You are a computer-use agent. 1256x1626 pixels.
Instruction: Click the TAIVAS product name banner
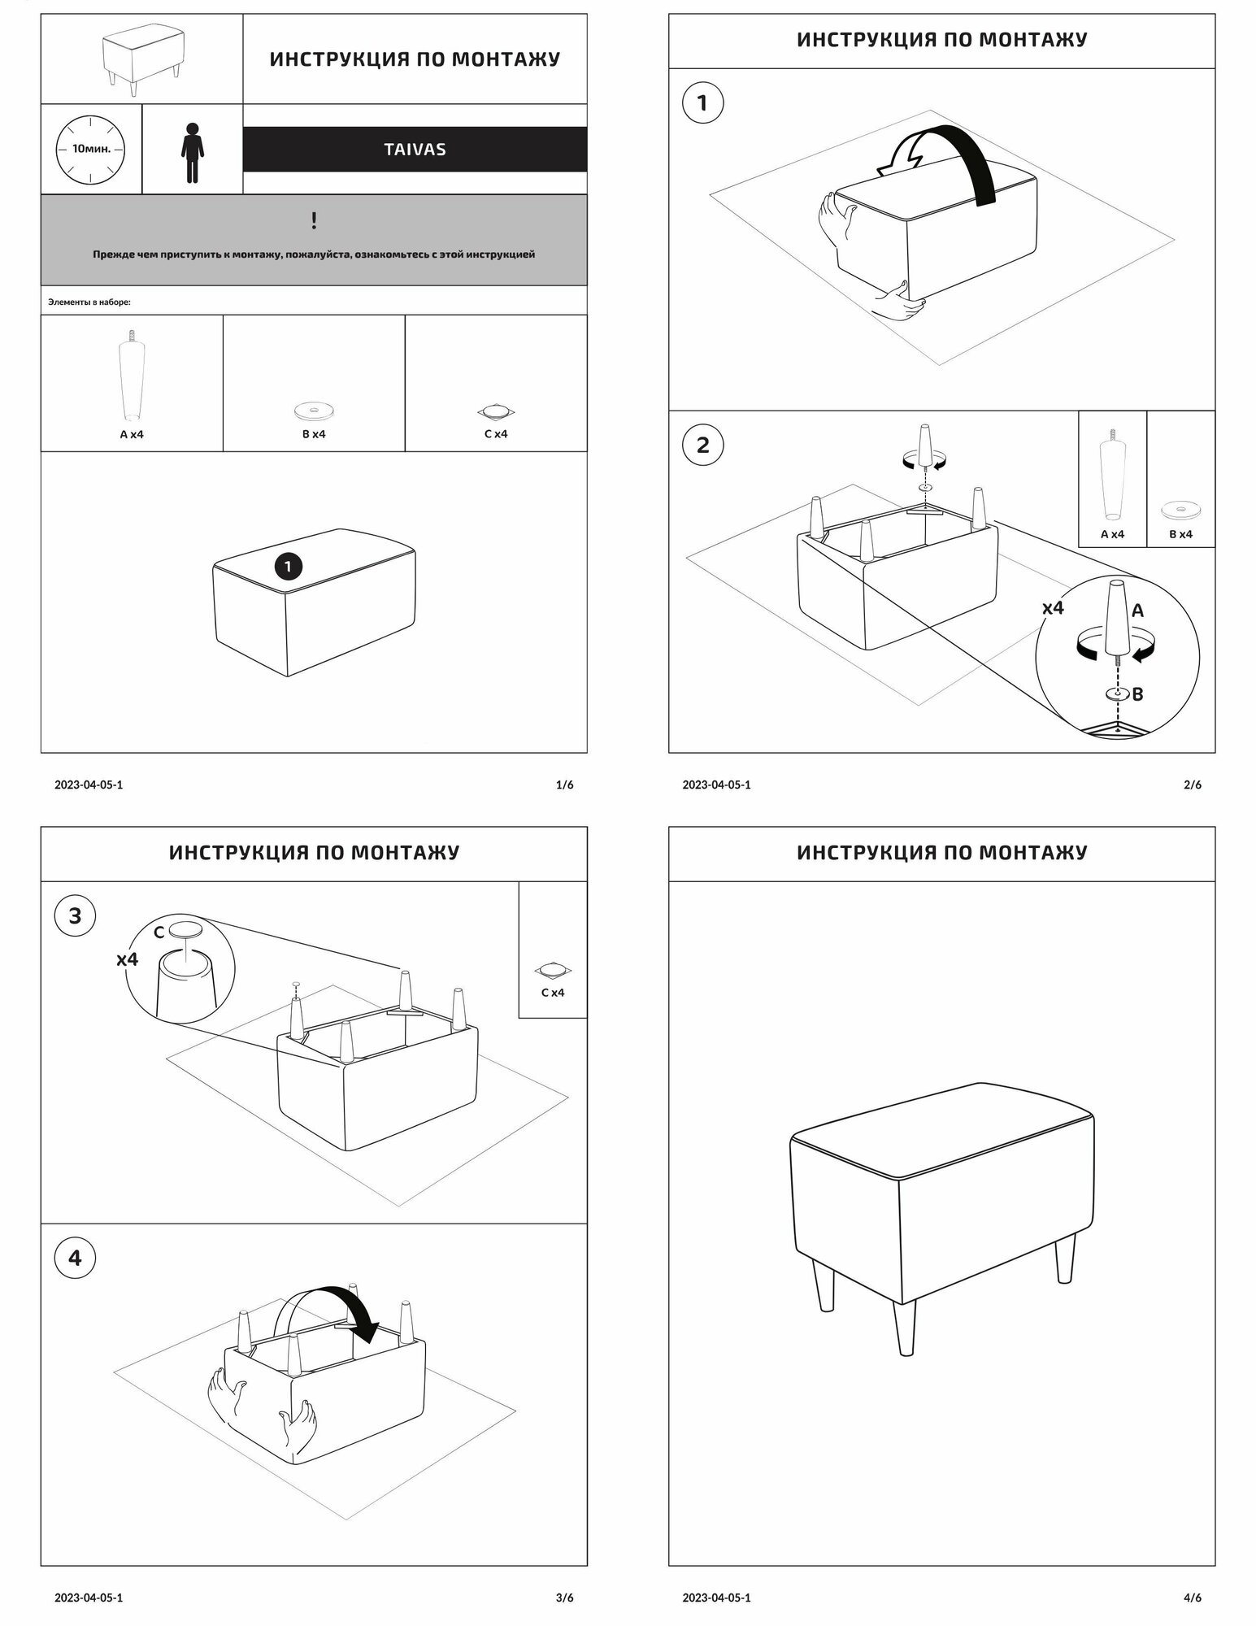coord(415,150)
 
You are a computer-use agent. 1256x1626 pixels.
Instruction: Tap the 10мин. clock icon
coord(90,150)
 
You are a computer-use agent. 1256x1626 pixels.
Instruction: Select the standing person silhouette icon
coord(192,153)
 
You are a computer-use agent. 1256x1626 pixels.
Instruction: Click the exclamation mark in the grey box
coord(314,220)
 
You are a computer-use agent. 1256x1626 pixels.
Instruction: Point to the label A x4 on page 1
coord(132,434)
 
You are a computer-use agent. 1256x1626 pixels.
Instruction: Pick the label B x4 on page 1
coord(314,434)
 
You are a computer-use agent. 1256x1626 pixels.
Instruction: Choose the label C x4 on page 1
coord(496,434)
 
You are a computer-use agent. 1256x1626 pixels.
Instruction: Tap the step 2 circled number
coord(702,445)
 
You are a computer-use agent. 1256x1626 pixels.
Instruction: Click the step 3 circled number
coord(75,916)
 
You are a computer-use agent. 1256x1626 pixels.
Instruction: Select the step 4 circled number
coord(75,1259)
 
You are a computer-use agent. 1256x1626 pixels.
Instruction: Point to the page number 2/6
coord(1193,785)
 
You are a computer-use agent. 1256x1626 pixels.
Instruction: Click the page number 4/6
coord(1193,1598)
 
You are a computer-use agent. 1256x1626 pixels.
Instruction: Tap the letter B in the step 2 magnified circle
coord(1138,694)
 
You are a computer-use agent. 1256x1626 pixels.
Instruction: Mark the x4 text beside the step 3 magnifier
coord(128,959)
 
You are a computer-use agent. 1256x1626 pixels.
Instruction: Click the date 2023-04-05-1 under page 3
coord(89,1598)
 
